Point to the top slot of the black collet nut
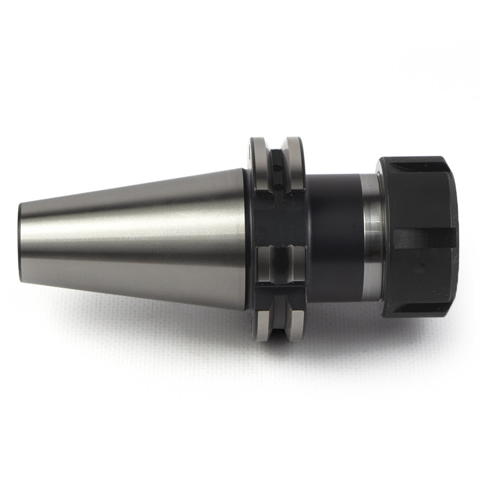[415, 161]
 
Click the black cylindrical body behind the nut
[334, 234]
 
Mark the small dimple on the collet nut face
[426, 264]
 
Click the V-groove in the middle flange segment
[278, 265]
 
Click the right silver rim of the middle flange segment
[295, 265]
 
